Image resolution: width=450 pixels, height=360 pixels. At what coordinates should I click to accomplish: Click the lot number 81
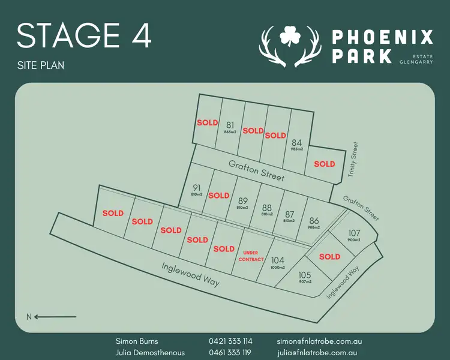coord(230,125)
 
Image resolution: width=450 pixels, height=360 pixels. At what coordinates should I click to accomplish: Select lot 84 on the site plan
coord(296,143)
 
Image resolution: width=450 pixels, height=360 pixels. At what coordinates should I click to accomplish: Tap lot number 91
coord(197,188)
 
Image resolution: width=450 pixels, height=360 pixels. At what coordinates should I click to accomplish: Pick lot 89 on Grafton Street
coord(243,201)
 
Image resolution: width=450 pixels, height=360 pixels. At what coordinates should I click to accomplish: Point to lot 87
coord(289,214)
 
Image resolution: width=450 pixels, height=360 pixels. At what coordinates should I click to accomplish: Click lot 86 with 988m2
coord(314,221)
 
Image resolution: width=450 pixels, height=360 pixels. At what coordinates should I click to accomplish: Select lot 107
coord(354,233)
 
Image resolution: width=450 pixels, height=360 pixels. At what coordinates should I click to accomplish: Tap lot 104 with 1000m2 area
coord(277,260)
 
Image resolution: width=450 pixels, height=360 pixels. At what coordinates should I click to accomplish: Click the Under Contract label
coord(251,256)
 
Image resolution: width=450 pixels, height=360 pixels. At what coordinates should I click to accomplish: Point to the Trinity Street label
coord(353,159)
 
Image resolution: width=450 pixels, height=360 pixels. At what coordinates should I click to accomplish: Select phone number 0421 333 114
coord(230,341)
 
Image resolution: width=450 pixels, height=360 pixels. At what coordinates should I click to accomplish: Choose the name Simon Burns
coord(137,341)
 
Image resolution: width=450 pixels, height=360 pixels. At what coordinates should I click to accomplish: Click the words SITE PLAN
coord(40,65)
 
